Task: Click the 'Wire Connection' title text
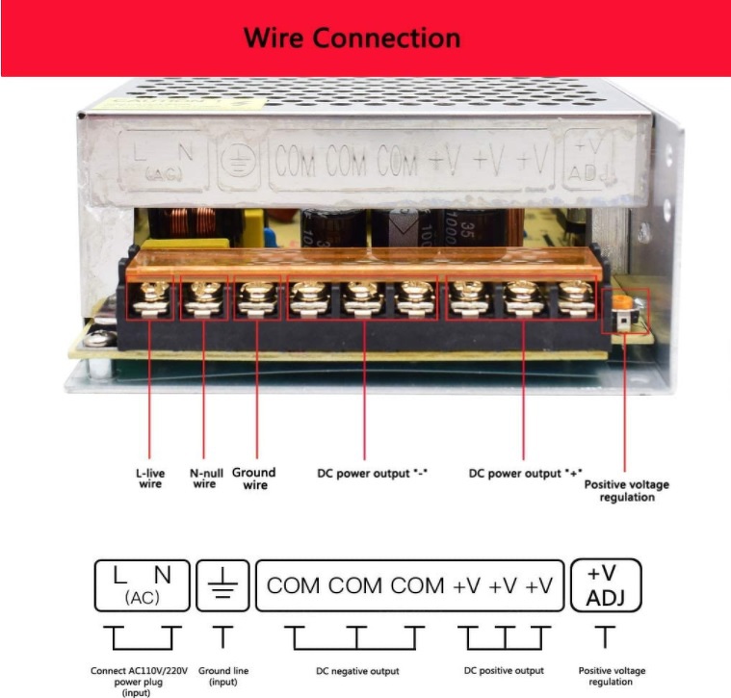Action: (x=352, y=38)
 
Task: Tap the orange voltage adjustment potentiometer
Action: (x=622, y=302)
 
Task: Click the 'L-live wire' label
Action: (x=150, y=478)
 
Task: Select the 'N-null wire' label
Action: (x=205, y=478)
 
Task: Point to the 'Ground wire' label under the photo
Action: (x=254, y=478)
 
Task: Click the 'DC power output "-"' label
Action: (x=372, y=474)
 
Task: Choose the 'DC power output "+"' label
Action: (x=526, y=474)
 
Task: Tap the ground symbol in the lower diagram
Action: (x=222, y=583)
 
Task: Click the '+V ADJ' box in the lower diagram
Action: (x=606, y=585)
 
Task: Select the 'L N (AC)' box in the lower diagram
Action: (x=143, y=585)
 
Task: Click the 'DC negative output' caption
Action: (x=357, y=671)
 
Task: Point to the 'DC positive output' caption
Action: (x=504, y=670)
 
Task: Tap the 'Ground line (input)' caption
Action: (x=223, y=676)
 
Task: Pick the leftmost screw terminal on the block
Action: (x=150, y=297)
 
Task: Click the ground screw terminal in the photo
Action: (x=257, y=297)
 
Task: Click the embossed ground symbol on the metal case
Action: (x=237, y=161)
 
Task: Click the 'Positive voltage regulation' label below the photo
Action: (x=627, y=491)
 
